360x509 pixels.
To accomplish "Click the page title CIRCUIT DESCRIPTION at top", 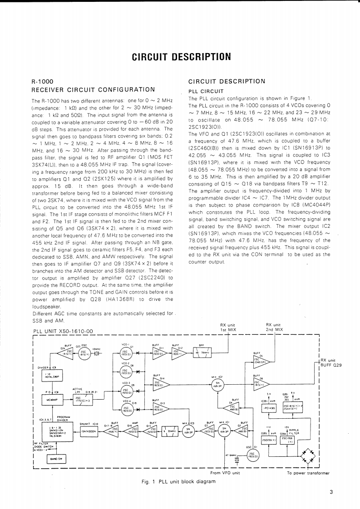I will point(181,57).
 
